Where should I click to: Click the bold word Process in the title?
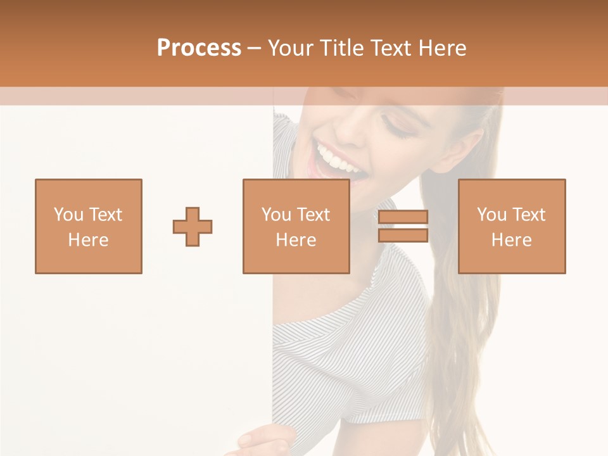[199, 48]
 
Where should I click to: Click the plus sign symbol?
[193, 227]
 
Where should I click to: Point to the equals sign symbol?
[403, 226]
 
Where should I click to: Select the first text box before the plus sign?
[89, 226]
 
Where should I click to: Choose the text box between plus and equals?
[296, 226]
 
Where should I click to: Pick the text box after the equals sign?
[512, 226]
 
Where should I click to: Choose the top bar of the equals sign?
[403, 217]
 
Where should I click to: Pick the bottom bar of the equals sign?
[403, 235]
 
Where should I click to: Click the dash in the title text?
[255, 48]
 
